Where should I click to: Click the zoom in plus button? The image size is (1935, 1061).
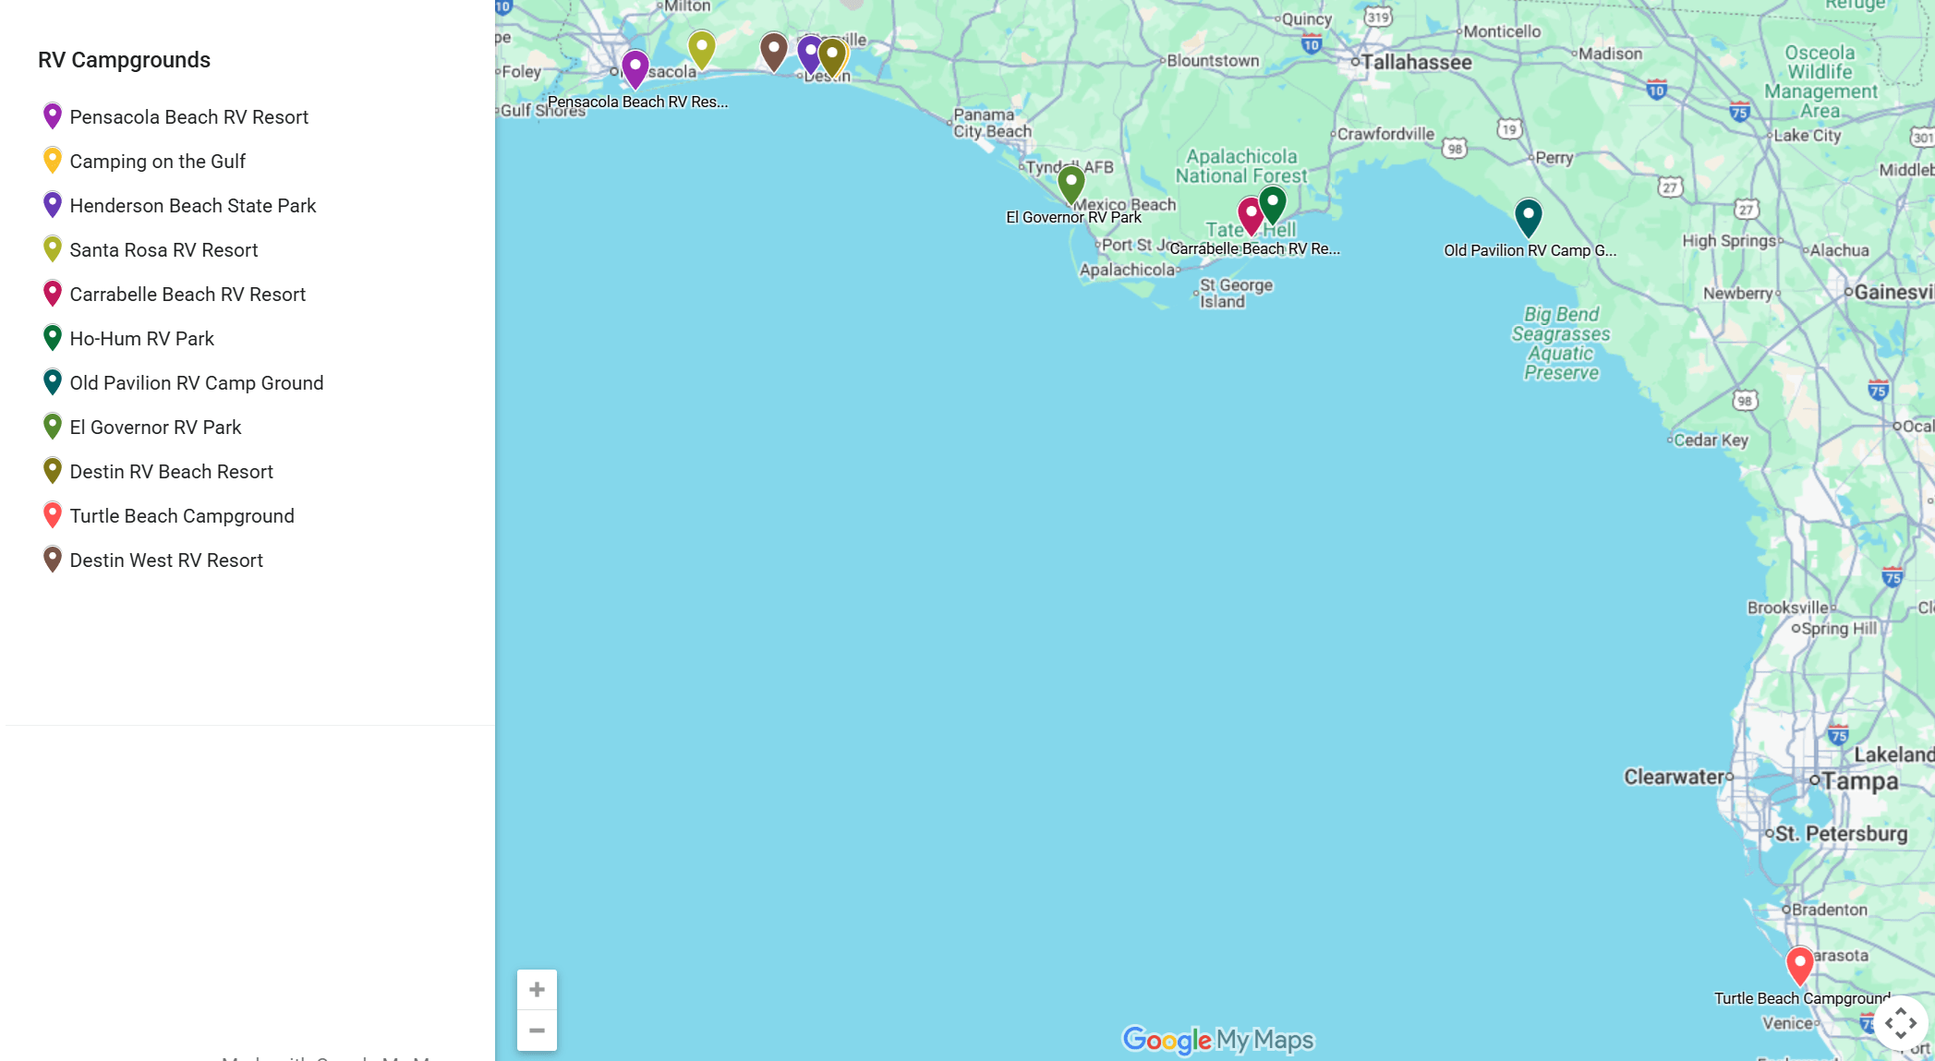537,990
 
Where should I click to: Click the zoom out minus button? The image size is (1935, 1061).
537,1031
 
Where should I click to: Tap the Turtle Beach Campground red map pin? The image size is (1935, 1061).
1799,965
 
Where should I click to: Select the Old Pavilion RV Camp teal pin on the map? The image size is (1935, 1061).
1529,216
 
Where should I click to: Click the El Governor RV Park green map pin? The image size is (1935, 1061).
1070,183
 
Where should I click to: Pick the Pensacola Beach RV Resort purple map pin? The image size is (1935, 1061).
635,67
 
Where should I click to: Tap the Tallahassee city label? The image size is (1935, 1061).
1416,63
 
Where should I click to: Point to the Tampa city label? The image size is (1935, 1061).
1859,781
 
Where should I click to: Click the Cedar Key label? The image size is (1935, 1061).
1711,440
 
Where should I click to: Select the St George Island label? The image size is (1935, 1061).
1235,293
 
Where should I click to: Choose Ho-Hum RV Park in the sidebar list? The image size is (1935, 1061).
141,339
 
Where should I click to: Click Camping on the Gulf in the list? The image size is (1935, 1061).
157,162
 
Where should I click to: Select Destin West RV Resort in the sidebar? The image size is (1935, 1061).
166,561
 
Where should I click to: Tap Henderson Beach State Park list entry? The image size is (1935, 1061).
192,206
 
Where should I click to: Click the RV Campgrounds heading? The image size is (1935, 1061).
124,60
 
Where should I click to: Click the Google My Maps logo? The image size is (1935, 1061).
1217,1040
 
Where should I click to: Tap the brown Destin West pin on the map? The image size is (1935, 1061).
773,50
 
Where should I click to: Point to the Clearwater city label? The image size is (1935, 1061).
1675,778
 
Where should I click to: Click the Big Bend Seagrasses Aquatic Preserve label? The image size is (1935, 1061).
1561,344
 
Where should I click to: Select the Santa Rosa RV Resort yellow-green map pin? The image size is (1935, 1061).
702,48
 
